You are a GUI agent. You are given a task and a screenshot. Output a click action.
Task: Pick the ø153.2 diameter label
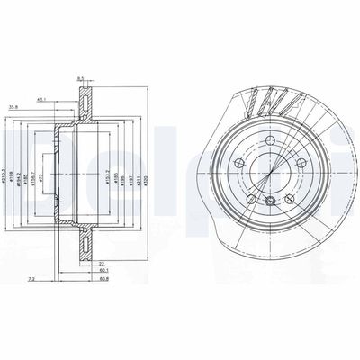coord(107,166)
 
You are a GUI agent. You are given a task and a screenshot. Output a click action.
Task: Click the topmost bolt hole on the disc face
coord(270,141)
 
